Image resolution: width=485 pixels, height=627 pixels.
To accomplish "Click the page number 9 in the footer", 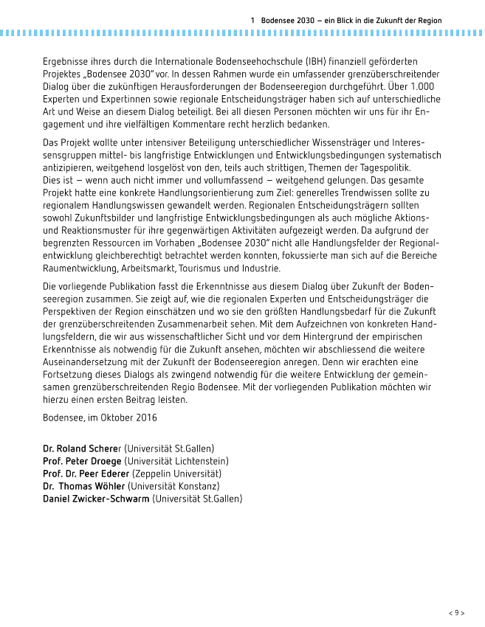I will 457,612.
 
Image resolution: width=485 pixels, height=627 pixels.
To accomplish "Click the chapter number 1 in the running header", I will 253,21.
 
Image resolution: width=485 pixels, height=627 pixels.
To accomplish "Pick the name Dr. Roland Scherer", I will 82,448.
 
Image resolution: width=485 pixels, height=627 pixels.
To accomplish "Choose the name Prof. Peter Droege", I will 83,460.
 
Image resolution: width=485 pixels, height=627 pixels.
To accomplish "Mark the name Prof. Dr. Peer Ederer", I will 86,473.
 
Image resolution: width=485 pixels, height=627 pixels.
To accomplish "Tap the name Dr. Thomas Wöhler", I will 84,486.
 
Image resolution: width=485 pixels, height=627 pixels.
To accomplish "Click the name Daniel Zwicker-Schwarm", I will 96,499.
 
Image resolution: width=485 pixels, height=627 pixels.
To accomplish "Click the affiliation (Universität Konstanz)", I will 173,486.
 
